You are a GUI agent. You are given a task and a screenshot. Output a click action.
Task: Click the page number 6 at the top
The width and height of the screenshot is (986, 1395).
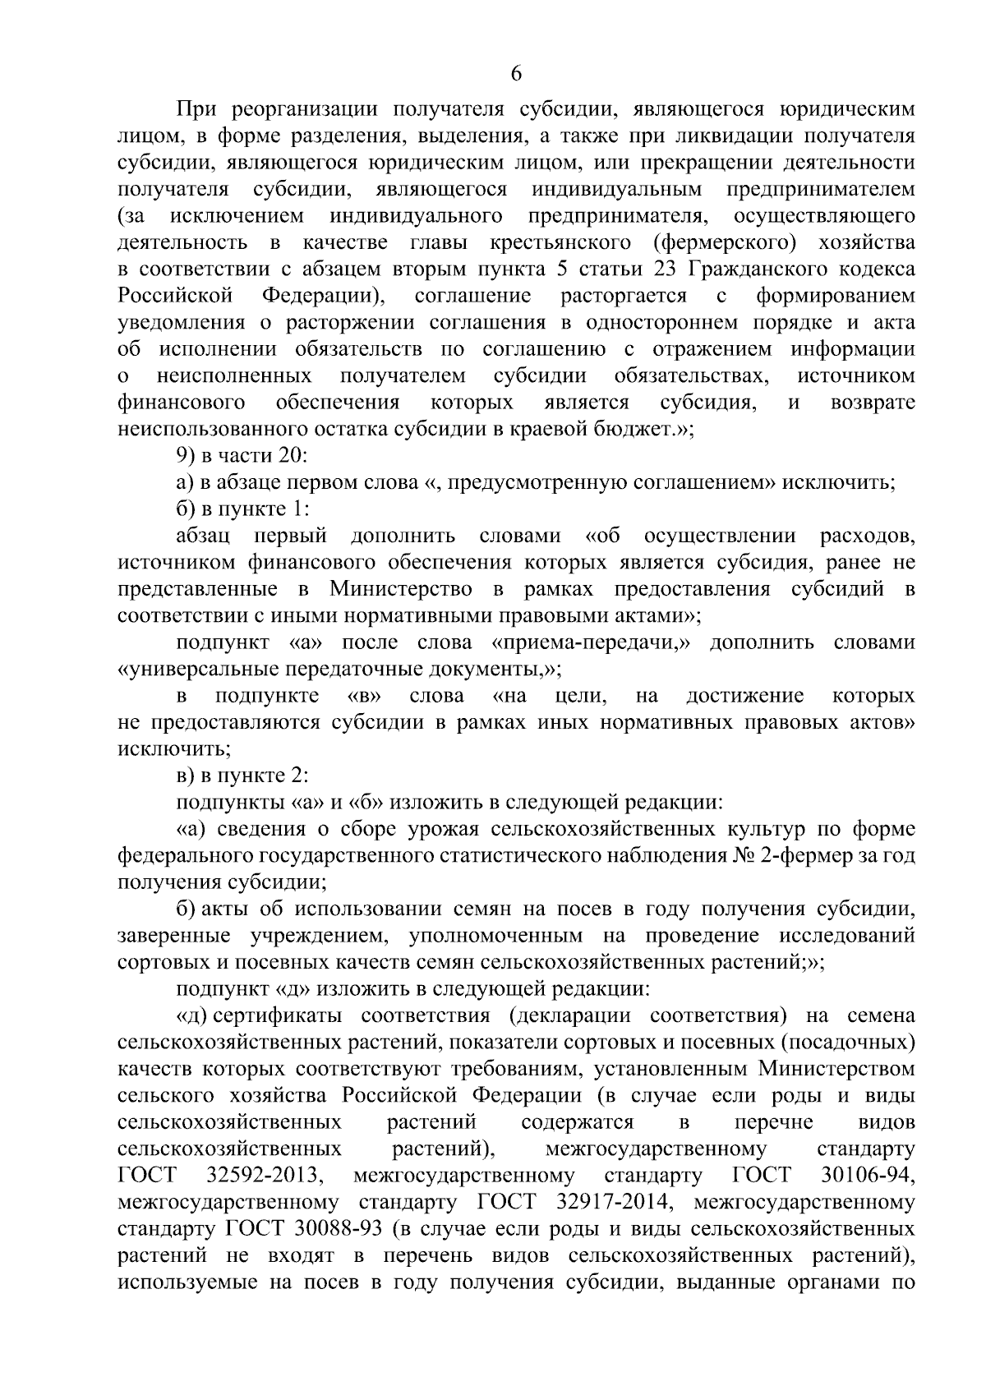coord(516,74)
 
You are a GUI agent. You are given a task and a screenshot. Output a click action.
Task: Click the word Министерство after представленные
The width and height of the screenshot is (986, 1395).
coord(401,589)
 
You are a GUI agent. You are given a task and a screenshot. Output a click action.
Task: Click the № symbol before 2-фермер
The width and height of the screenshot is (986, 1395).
coord(742,856)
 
